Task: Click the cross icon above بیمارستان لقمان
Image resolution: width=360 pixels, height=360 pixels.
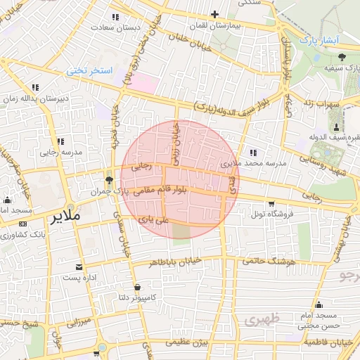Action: coord(215,14)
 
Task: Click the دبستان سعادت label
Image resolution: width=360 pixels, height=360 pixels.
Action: coord(117,27)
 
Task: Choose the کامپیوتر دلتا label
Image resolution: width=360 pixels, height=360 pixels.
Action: coord(136,298)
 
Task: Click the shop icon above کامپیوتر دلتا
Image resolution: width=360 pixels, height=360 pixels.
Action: coord(136,288)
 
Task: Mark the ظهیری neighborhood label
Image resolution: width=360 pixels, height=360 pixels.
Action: coord(262,319)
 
